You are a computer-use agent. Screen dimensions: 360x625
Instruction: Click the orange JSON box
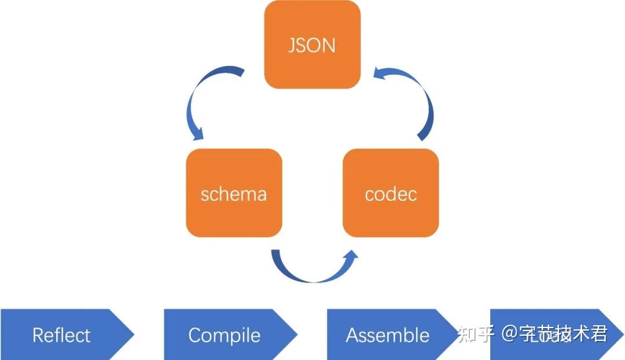coord(312,45)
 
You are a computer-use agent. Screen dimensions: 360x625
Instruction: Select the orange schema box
coord(234,193)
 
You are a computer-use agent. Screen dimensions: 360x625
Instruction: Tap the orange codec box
coord(391,193)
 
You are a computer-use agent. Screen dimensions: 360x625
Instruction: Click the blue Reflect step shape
coord(61,335)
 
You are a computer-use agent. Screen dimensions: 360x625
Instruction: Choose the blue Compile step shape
coord(225,335)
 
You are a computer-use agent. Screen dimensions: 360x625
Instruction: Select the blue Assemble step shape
coord(388,335)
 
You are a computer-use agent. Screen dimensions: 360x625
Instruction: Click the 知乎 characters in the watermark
coord(476,334)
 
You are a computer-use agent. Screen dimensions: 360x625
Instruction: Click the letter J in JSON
coord(292,46)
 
